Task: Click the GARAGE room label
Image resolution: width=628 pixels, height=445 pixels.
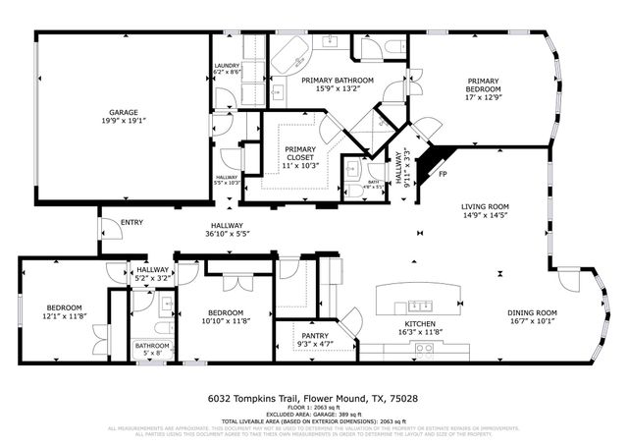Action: tap(123, 112)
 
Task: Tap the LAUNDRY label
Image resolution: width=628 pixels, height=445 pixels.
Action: tap(227, 66)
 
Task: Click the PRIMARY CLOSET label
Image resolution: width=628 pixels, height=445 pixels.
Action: tap(300, 153)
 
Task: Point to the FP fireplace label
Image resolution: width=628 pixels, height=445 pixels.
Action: tap(443, 175)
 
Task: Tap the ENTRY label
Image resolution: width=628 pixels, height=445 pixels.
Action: tap(131, 223)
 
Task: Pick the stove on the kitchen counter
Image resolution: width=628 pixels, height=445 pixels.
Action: tap(425, 348)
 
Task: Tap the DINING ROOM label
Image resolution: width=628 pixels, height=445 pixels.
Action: tap(533, 312)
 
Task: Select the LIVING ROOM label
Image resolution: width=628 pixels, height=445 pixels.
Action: tap(485, 206)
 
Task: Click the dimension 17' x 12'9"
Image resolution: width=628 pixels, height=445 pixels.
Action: tap(484, 96)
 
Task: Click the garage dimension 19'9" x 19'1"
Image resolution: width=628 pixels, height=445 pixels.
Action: tap(123, 122)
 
